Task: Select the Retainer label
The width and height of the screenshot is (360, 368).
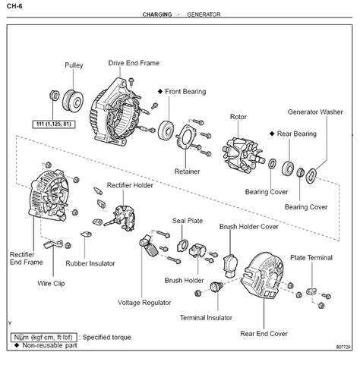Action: coord(187,171)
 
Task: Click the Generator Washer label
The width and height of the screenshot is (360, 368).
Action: coord(315,111)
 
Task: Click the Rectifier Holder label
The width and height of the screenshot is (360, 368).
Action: coord(131,184)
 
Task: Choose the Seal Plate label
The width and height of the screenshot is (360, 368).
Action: coord(185,221)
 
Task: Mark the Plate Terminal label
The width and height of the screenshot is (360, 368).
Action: coord(311,258)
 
